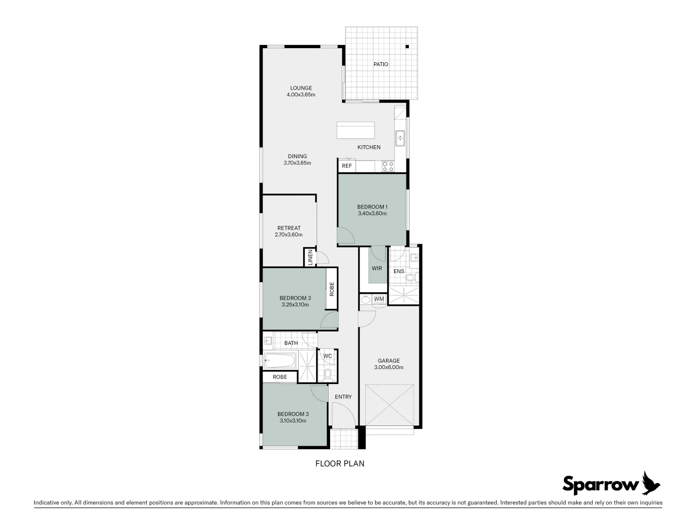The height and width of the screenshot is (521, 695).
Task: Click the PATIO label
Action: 380,64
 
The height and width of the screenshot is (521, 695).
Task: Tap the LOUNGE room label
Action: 301,88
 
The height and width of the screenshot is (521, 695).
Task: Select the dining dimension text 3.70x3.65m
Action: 297,163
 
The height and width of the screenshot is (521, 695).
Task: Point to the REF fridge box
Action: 347,166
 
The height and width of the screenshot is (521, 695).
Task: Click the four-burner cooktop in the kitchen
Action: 388,166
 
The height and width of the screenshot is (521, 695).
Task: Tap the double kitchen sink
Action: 400,138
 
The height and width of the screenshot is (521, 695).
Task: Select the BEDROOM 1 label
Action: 372,207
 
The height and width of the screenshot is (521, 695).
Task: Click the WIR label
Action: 377,268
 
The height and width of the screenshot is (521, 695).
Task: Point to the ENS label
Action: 399,271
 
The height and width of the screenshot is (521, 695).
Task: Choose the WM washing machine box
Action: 379,299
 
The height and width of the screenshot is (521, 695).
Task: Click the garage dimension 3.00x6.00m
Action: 389,367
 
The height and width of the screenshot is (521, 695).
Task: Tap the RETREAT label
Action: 289,228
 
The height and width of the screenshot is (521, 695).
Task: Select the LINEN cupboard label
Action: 310,257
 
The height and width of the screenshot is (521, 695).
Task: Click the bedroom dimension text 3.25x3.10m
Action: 295,304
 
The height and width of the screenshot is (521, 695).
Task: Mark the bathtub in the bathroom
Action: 280,360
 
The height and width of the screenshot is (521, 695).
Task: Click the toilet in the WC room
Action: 328,373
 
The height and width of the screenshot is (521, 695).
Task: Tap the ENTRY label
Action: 343,397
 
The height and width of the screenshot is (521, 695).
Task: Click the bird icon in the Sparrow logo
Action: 651,483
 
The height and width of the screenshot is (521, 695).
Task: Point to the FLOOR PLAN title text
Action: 340,464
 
